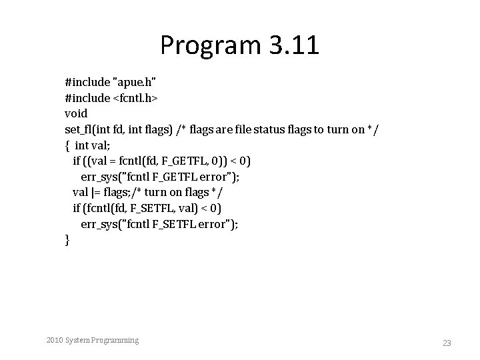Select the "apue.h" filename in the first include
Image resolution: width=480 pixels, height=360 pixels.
pyautogui.click(x=136, y=83)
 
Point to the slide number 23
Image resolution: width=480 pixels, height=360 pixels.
pyautogui.click(x=447, y=343)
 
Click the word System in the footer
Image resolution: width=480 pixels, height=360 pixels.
pyautogui.click(x=76, y=341)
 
